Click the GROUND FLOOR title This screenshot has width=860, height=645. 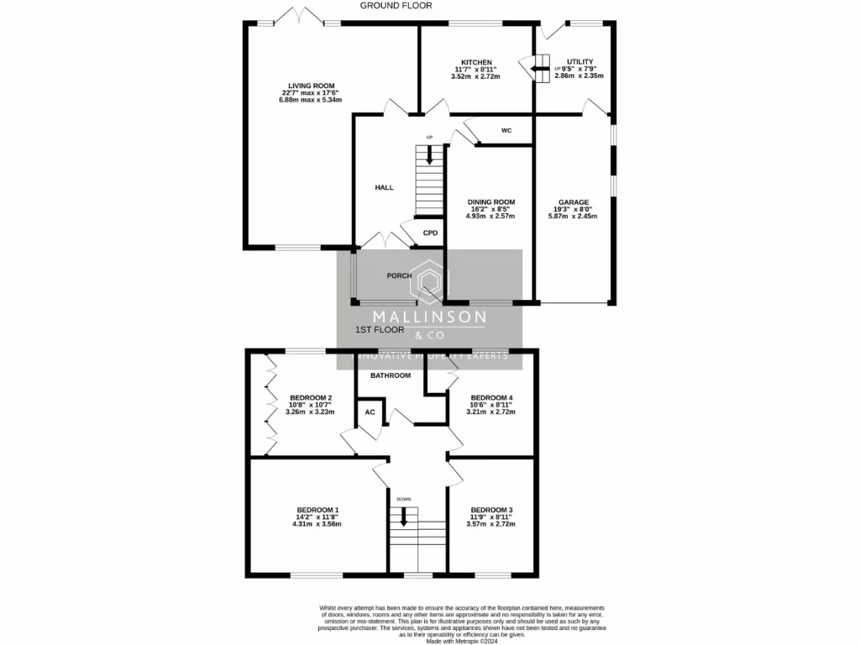coord(396,6)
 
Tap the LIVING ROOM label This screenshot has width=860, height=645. coord(312,86)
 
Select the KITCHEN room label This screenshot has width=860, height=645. coord(475,63)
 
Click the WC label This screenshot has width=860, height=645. coord(506,131)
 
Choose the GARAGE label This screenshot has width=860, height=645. coord(575,202)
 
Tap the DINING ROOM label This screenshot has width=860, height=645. coord(491,202)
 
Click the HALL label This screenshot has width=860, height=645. coord(384,188)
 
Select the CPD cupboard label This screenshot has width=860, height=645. coord(430,233)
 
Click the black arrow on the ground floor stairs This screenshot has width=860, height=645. coord(430,155)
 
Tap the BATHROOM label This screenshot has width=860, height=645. coord(391,375)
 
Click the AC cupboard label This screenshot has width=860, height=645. coord(370,412)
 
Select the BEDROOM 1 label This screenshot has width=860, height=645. coord(317,511)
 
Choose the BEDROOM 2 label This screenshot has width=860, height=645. coord(311,398)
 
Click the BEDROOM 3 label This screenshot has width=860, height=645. coord(491,511)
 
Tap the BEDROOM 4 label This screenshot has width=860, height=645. coord(491,398)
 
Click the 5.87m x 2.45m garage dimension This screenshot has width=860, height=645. coord(575,216)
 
